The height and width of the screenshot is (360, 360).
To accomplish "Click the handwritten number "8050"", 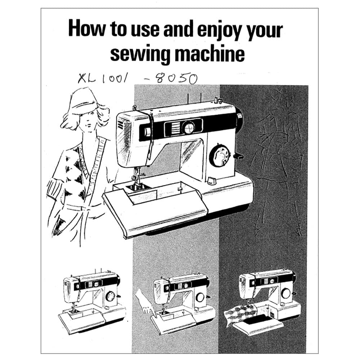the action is point(177,78).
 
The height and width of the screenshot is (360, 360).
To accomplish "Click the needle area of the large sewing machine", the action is point(137,178).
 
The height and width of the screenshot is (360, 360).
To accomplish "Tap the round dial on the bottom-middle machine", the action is point(200,298).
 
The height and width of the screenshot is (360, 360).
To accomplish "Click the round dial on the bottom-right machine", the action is point(286,294).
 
